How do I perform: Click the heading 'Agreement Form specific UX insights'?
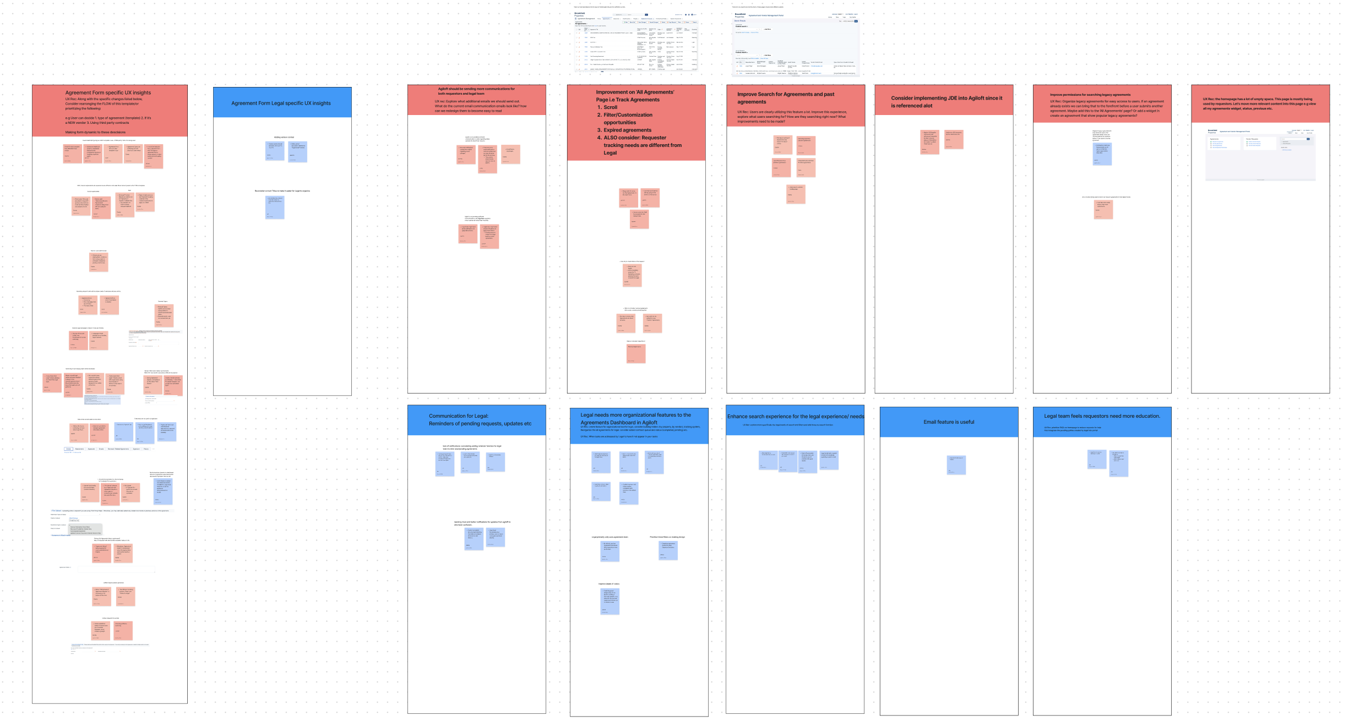point(108,93)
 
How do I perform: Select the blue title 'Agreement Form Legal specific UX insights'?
point(281,103)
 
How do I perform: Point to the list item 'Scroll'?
point(610,107)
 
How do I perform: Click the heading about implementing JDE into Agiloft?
point(946,102)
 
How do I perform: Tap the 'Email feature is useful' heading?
point(949,422)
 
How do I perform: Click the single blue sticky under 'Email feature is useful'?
point(956,465)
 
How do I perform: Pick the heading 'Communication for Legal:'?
point(458,416)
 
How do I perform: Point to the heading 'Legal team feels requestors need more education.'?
point(1101,416)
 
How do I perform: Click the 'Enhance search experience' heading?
point(795,417)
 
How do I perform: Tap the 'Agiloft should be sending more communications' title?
point(476,91)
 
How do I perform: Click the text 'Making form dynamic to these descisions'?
point(95,132)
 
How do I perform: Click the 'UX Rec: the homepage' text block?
point(1260,104)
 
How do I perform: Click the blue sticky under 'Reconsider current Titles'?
point(275,207)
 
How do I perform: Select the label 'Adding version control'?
point(284,137)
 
